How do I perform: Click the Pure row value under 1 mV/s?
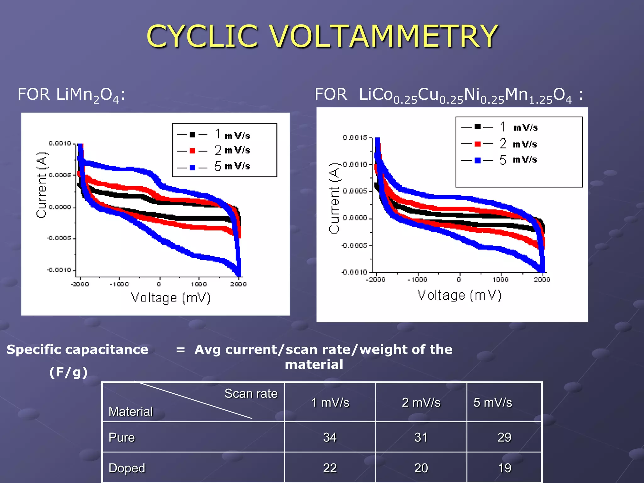point(330,437)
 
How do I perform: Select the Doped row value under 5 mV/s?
point(504,468)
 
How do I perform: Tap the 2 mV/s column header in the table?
point(421,402)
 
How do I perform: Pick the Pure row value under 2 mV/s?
point(421,437)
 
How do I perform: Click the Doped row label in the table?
point(127,468)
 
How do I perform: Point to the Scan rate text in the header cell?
point(251,394)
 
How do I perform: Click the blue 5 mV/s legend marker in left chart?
point(192,168)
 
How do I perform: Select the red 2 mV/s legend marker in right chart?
point(477,144)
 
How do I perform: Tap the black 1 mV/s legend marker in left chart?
point(192,135)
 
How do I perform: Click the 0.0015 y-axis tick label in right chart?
point(355,137)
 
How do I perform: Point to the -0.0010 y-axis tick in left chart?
point(59,270)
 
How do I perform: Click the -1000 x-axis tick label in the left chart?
point(119,284)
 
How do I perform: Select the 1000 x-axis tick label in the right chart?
point(500,280)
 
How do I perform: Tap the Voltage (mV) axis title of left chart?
point(170,297)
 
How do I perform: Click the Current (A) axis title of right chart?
point(335,198)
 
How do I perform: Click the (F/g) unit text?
point(68,372)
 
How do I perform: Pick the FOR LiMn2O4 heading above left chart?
point(71,95)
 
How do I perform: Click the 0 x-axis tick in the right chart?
point(459,280)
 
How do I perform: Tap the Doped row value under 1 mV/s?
point(330,468)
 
